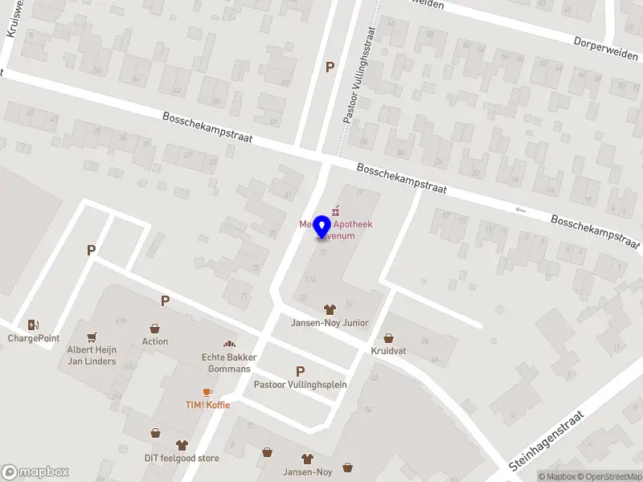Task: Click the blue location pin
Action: click(322, 227)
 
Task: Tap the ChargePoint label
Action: click(34, 338)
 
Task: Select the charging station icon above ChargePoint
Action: click(33, 325)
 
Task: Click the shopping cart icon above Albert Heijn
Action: click(91, 337)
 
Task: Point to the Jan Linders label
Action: click(91, 361)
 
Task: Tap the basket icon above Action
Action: click(155, 328)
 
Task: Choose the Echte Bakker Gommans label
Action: click(226, 363)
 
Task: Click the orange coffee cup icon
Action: click(207, 392)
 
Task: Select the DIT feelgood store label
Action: click(182, 458)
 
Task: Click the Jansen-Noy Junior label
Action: click(330, 323)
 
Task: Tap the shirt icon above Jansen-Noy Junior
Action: click(330, 309)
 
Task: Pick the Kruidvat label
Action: click(389, 352)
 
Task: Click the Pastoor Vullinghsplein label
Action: click(300, 384)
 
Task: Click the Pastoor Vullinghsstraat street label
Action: click(359, 84)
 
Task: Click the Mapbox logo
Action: click(35, 472)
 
